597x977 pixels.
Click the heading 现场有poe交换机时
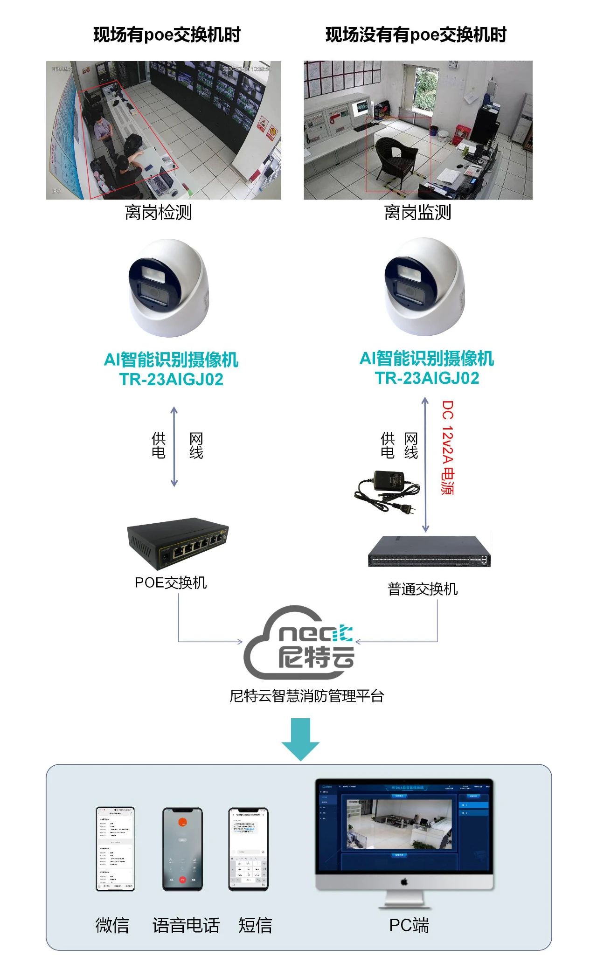tap(167, 35)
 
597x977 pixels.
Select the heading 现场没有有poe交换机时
tap(416, 35)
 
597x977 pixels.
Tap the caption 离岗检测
tap(158, 212)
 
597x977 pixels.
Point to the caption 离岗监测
tap(417, 212)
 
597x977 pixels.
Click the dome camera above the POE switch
tap(168, 288)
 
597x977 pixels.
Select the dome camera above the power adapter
tap(424, 287)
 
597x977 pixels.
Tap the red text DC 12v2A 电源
tap(448, 447)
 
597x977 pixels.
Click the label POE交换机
tap(171, 582)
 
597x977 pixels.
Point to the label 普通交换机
tap(423, 589)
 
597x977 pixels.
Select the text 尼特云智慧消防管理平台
tap(307, 696)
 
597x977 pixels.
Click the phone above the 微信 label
tap(115, 849)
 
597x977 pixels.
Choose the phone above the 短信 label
tap(248, 849)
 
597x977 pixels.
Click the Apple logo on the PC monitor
tap(404, 882)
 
